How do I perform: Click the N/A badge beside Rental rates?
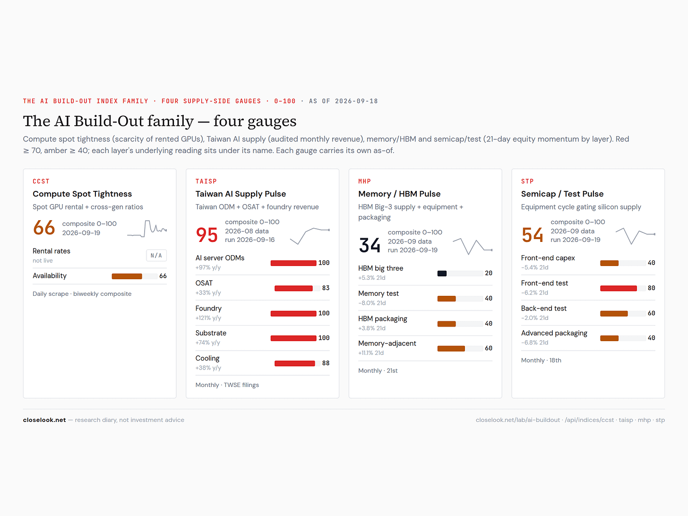coord(156,255)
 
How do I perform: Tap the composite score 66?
coord(44,228)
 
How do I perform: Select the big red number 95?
coord(207,235)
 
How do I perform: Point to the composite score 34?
coord(370,245)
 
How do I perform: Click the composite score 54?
coord(532,235)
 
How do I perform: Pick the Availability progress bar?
coord(135,276)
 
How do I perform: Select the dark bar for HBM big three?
coord(442,274)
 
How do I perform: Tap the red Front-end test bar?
coord(619,288)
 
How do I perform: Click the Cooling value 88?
coord(326,363)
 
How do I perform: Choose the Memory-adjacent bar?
coord(451,348)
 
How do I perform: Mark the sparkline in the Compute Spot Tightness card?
coord(147,229)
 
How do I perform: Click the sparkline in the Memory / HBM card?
coord(473,246)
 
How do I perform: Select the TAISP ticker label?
coord(206,181)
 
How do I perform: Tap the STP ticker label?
coord(527,181)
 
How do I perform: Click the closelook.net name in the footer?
coord(44,420)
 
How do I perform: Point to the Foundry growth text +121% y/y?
coord(208,318)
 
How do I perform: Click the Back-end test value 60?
coord(651,313)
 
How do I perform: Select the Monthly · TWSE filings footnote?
coord(227,385)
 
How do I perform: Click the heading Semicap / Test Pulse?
coord(562,194)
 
